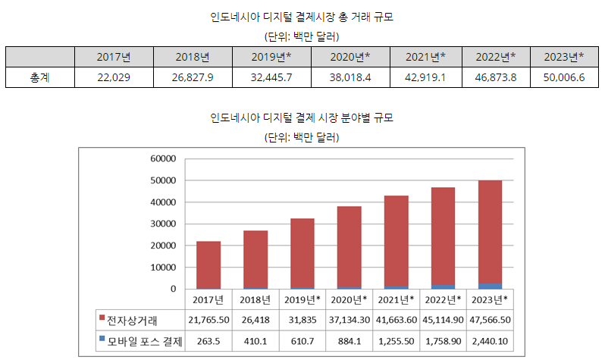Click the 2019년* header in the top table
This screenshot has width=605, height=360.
(271, 57)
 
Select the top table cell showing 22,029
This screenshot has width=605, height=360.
(114, 77)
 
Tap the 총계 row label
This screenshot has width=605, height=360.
(39, 77)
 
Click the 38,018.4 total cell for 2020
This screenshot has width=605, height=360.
(350, 77)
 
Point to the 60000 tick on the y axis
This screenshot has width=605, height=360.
(162, 158)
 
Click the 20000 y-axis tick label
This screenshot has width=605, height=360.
(162, 246)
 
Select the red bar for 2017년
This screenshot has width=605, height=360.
(208, 265)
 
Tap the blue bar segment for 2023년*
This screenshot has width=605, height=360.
(490, 286)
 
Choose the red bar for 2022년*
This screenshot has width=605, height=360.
(443, 235)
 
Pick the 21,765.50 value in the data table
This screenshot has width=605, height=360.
(208, 321)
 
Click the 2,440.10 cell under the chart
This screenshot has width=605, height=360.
(490, 343)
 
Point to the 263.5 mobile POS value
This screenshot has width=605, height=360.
(208, 343)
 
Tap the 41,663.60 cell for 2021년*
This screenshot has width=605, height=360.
(396, 321)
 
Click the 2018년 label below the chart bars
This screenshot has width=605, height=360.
(255, 299)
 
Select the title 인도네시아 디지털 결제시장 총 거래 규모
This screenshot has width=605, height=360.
(302, 17)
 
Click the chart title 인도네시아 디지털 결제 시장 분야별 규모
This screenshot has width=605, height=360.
(302, 118)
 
